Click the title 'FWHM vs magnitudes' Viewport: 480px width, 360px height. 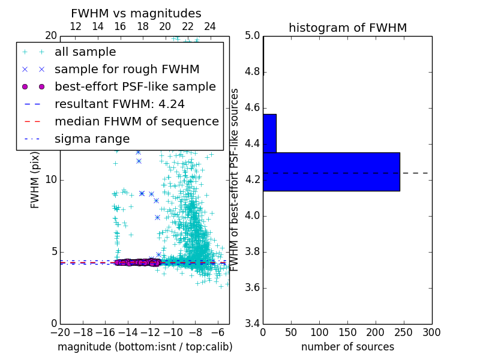[x=136, y=13]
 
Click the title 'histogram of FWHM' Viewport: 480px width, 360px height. [x=347, y=28]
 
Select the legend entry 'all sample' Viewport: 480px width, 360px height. [x=85, y=52]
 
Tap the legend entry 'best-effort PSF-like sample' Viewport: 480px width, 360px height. [x=135, y=86]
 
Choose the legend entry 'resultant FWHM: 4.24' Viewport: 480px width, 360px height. [x=119, y=104]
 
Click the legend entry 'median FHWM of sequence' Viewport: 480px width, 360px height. [x=137, y=121]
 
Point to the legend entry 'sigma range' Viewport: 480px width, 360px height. [x=92, y=139]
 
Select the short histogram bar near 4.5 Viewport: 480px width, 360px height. [x=269, y=133]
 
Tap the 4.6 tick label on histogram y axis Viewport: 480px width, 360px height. [x=252, y=108]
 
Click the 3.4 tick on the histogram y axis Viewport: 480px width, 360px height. [x=252, y=323]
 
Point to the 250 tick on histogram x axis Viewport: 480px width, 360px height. [x=404, y=332]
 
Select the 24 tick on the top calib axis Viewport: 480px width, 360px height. [x=210, y=26]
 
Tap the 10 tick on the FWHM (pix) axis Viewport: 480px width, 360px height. [x=51, y=179]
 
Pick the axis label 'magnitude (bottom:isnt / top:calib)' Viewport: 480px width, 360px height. [x=145, y=347]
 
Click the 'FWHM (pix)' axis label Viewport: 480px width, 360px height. [x=35, y=180]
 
